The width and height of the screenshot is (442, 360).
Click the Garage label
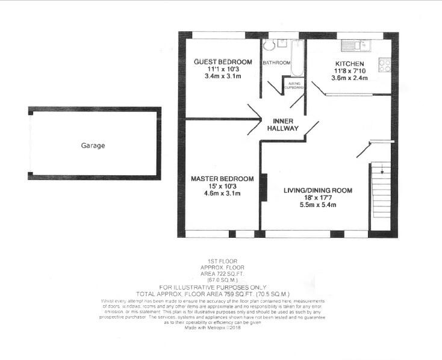[93, 146]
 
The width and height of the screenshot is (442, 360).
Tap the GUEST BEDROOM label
[222, 63]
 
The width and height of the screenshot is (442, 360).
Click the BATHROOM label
[276, 63]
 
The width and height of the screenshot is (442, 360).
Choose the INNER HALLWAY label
[282, 125]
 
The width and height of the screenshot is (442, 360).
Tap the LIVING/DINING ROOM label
[318, 190]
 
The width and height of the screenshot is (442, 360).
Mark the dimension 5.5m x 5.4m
[318, 205]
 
